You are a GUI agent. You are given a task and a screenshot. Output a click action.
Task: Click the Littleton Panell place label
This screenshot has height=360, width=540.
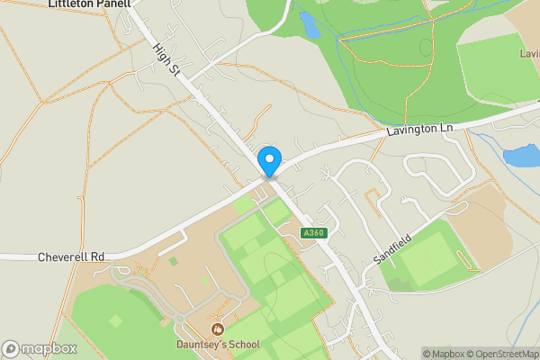[x=89, y=4]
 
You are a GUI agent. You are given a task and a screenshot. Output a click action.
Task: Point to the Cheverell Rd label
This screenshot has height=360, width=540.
[x=71, y=256]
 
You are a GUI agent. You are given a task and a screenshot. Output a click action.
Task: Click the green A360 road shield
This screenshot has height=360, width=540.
[x=313, y=233]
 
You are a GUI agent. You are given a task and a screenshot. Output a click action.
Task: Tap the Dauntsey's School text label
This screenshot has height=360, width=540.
[x=217, y=345]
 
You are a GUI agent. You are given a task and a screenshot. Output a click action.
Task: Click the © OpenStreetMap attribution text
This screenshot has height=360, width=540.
[x=504, y=353]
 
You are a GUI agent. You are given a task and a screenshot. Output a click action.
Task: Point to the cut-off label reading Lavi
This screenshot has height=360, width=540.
[x=528, y=54]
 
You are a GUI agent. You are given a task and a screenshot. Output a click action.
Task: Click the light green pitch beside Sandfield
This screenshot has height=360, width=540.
[x=428, y=254]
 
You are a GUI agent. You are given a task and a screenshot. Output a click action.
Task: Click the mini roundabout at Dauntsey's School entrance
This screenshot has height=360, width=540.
[x=181, y=318]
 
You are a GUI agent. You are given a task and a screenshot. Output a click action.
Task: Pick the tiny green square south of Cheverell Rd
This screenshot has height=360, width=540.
[x=173, y=261]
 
